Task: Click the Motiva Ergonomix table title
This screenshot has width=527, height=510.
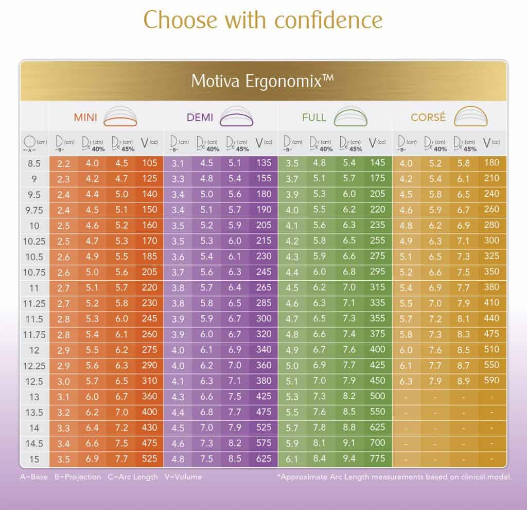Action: (263, 81)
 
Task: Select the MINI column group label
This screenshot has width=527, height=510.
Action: (85, 117)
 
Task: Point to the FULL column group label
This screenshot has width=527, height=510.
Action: (314, 117)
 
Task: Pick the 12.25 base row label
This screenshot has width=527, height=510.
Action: (34, 365)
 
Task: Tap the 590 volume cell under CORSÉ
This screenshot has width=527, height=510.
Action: (491, 380)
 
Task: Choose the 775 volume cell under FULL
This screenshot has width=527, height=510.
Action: (377, 458)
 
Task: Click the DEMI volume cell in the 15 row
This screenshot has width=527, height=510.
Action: (263, 458)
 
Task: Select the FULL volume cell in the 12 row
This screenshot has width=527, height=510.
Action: (377, 350)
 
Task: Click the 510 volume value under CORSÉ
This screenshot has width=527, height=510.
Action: (491, 350)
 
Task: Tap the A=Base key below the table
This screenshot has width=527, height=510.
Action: (34, 477)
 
